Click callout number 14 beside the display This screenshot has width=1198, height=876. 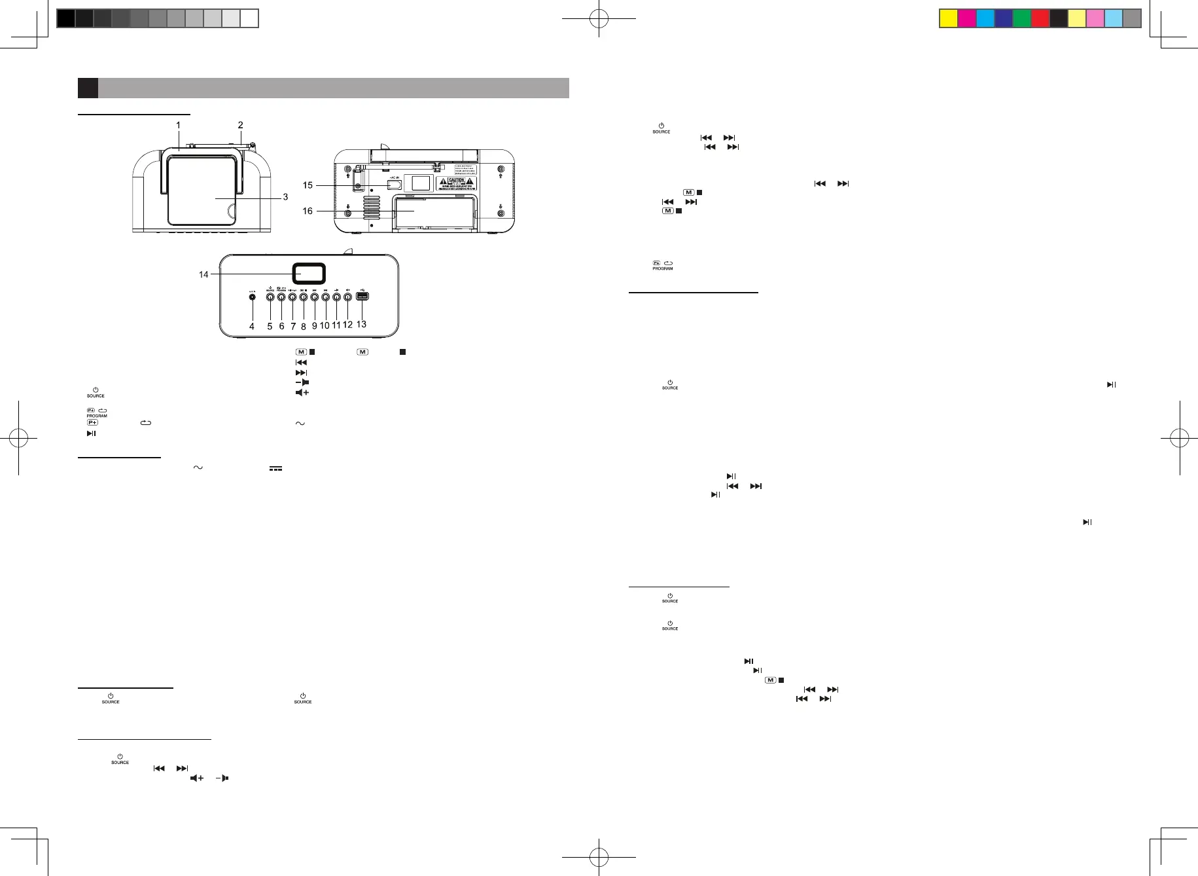click(203, 274)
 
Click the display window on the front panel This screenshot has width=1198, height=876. click(309, 274)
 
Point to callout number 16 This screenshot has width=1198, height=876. click(308, 211)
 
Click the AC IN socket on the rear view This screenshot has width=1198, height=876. click(394, 185)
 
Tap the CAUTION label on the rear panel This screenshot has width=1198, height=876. click(456, 183)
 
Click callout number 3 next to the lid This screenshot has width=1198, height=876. click(285, 197)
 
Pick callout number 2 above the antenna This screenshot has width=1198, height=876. click(240, 125)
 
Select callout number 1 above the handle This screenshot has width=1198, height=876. click(178, 125)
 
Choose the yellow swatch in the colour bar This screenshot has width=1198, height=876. click(948, 18)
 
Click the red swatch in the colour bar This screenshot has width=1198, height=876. click(1040, 18)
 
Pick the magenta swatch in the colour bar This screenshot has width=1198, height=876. click(966, 18)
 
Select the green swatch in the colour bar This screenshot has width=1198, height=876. click(1021, 18)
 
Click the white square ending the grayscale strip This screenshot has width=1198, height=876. click(249, 18)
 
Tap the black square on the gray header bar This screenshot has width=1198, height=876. click(88, 88)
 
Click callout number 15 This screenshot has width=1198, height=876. click(308, 185)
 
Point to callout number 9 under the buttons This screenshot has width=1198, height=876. click(314, 325)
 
